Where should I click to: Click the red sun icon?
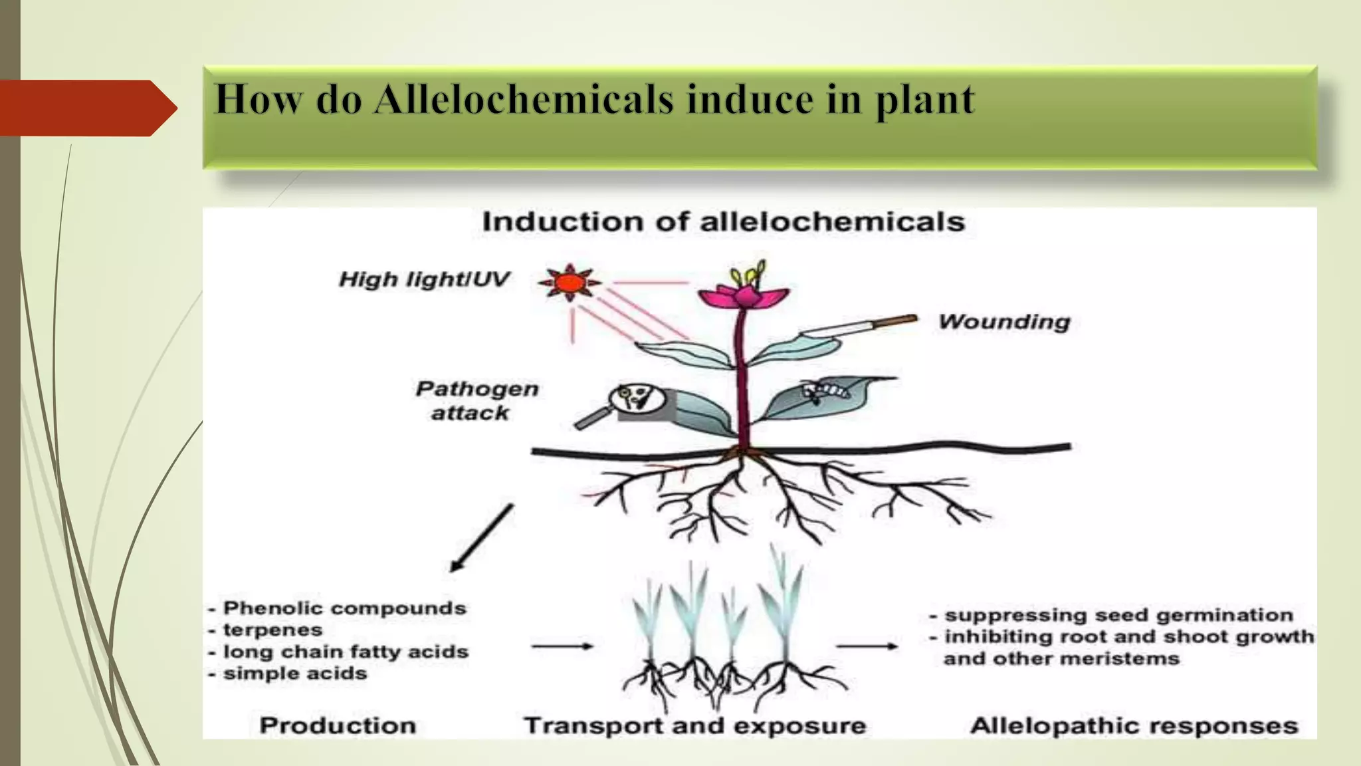pyautogui.click(x=570, y=283)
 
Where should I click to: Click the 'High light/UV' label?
pyautogui.click(x=424, y=279)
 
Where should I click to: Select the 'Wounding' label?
pyautogui.click(x=1004, y=322)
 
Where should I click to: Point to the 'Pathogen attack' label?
pyautogui.click(x=476, y=400)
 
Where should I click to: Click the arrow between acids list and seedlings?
pyautogui.click(x=562, y=646)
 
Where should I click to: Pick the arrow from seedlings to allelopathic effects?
pyautogui.click(x=866, y=646)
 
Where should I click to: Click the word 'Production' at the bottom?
pyautogui.click(x=338, y=725)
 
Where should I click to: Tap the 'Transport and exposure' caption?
pyautogui.click(x=694, y=725)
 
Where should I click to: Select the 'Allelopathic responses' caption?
pyautogui.click(x=1134, y=725)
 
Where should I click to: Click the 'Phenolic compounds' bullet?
pyautogui.click(x=344, y=608)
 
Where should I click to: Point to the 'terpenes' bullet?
pyautogui.click(x=272, y=630)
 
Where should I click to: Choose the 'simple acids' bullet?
pyautogui.click(x=294, y=674)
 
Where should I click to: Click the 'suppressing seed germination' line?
pyautogui.click(x=1118, y=615)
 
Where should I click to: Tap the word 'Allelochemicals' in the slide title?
pyautogui.click(x=524, y=100)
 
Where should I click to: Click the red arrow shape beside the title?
pyautogui.click(x=86, y=108)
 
